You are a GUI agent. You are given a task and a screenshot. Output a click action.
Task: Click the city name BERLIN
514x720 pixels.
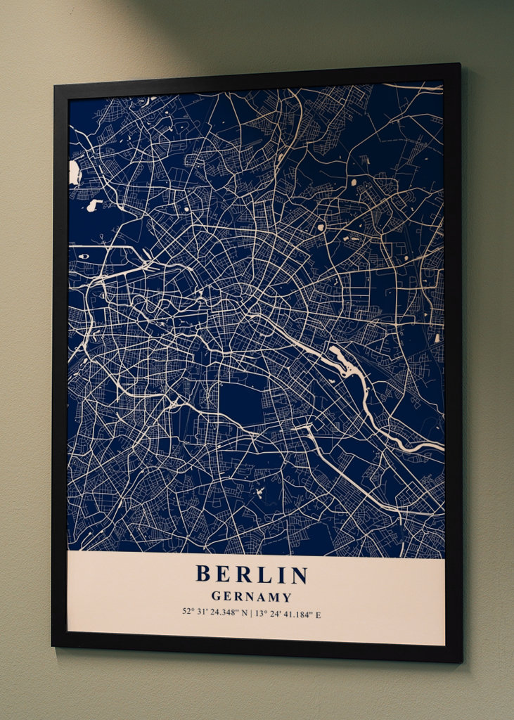252,574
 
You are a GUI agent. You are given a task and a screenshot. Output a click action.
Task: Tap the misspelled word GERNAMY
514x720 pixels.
251,597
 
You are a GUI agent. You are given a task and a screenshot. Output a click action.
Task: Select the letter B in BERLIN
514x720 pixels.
203,574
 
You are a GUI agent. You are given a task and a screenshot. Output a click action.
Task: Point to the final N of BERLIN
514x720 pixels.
300,575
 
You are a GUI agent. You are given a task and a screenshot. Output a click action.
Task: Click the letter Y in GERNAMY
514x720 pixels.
287,597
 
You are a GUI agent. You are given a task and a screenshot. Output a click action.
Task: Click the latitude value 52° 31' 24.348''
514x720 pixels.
210,612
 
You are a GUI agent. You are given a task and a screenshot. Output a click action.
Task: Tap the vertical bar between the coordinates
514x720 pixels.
250,614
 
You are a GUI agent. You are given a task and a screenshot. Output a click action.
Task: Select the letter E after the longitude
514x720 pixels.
318,615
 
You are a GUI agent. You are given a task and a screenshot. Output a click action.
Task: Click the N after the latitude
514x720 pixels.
243,613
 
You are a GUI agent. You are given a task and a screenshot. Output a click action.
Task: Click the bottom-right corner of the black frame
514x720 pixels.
461,661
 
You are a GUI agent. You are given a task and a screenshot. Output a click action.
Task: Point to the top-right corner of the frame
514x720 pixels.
460,65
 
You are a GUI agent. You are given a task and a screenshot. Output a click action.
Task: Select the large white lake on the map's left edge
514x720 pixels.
74,173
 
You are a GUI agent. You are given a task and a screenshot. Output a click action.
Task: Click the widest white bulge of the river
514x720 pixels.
342,359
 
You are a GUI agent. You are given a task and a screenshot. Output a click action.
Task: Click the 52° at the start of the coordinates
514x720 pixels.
187,611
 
